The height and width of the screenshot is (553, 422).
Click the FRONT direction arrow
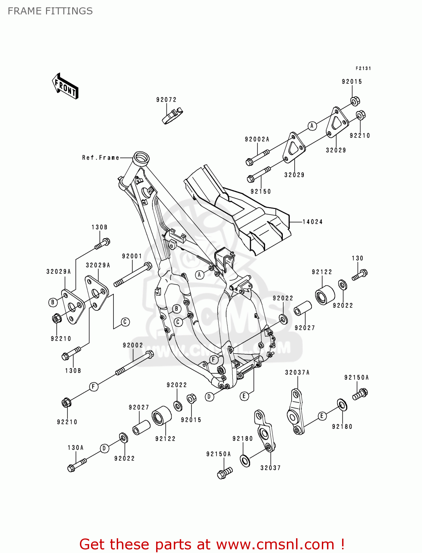(65, 86)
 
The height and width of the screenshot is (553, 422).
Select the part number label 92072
(166, 100)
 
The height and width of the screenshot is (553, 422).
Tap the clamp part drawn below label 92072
(173, 115)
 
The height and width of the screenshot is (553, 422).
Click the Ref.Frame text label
(101, 158)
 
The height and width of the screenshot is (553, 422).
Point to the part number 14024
(313, 222)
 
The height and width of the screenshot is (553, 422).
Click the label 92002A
(257, 139)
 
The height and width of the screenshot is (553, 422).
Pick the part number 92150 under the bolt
(261, 192)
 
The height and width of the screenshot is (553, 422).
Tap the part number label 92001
(132, 256)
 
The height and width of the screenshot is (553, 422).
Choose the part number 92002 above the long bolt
(133, 345)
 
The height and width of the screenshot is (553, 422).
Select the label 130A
(75, 448)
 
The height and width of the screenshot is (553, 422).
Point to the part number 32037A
(297, 373)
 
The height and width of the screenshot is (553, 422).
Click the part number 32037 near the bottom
(271, 468)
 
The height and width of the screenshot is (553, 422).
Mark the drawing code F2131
(363, 69)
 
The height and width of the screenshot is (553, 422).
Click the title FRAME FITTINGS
(50, 11)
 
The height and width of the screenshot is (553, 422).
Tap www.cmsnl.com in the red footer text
(275, 545)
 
